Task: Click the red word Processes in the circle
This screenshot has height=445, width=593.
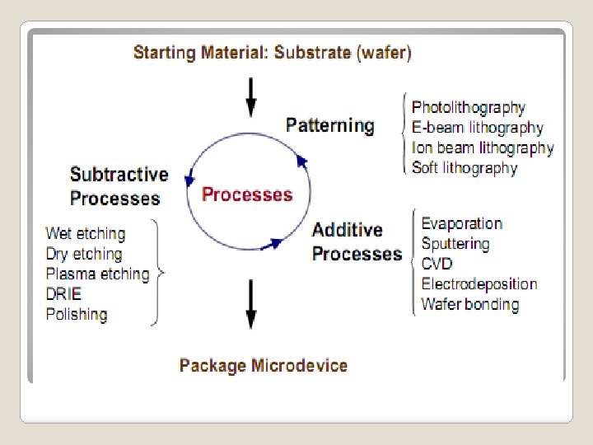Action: click(x=247, y=195)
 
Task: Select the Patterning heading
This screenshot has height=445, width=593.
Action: click(x=329, y=126)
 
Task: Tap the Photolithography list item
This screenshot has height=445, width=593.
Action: click(x=468, y=108)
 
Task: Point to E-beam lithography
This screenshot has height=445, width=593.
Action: click(x=478, y=128)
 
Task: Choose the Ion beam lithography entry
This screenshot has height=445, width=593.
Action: click(x=483, y=148)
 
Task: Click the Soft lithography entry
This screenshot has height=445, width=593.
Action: click(x=465, y=168)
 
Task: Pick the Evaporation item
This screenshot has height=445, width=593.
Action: click(x=461, y=223)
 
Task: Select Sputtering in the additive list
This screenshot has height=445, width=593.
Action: click(x=455, y=244)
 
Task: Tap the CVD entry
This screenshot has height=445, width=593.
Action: click(x=437, y=264)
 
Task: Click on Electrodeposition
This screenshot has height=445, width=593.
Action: click(x=479, y=284)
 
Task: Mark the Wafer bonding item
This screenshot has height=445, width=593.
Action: click(x=469, y=304)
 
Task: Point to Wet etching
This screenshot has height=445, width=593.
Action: click(x=86, y=234)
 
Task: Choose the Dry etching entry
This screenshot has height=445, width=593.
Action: click(x=84, y=254)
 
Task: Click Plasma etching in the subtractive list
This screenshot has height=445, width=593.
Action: click(x=98, y=274)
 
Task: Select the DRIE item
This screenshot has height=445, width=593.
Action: click(x=63, y=294)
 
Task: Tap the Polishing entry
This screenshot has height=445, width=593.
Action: click(x=77, y=314)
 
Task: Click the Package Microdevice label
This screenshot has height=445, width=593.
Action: click(x=264, y=365)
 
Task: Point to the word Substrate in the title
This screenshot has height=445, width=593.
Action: click(x=314, y=54)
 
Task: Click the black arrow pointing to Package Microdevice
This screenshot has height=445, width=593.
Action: click(x=251, y=305)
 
